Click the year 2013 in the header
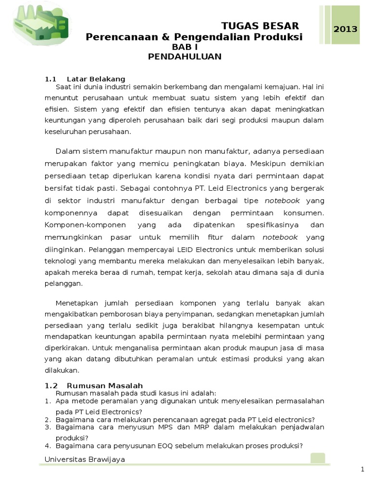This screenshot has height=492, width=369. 345,29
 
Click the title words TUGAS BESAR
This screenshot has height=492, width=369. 259,26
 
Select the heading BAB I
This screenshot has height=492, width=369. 185,47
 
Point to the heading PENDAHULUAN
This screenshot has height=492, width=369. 185,57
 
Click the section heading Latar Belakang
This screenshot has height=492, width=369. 96,79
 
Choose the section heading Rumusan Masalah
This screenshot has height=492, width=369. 105,386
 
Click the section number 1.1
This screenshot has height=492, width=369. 50,79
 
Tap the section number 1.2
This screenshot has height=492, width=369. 51,386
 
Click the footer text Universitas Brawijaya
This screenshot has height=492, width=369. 85,459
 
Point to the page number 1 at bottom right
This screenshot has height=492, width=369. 362,469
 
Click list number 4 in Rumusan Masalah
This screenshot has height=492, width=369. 48,445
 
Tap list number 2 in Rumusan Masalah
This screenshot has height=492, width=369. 48,419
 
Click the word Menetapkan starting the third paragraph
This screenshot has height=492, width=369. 77,303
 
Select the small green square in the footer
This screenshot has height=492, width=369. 318,458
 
